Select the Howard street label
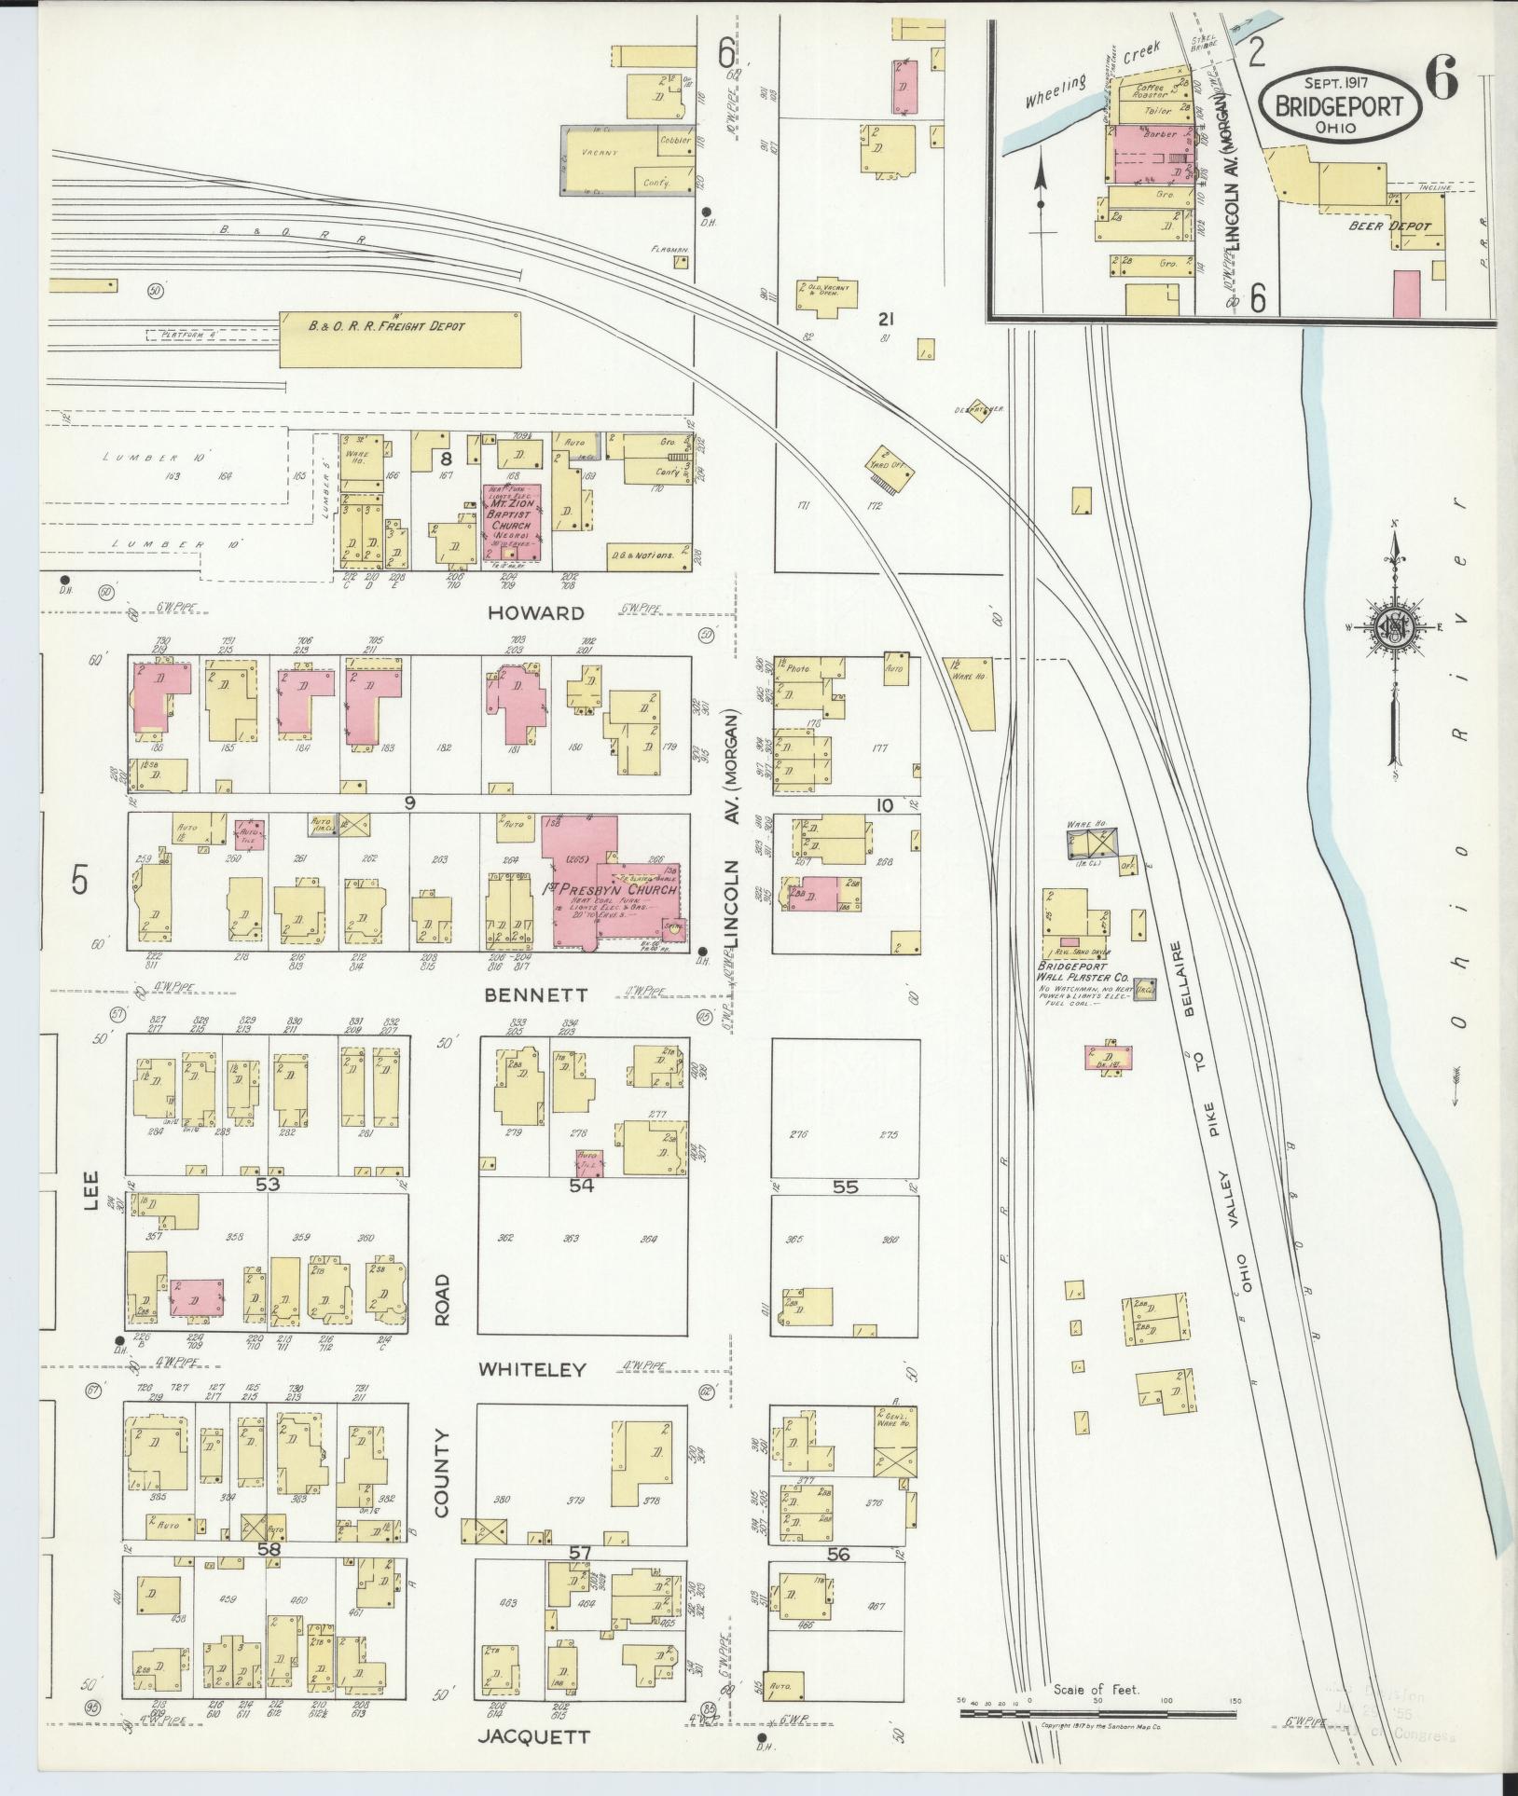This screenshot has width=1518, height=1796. (548, 612)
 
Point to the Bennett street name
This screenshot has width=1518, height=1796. (534, 994)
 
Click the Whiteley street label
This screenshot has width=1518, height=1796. (532, 1369)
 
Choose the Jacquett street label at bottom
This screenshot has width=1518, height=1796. (533, 1736)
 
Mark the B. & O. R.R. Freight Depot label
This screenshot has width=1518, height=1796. (386, 326)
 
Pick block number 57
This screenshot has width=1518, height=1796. (580, 1553)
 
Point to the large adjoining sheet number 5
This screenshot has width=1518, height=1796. (81, 881)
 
